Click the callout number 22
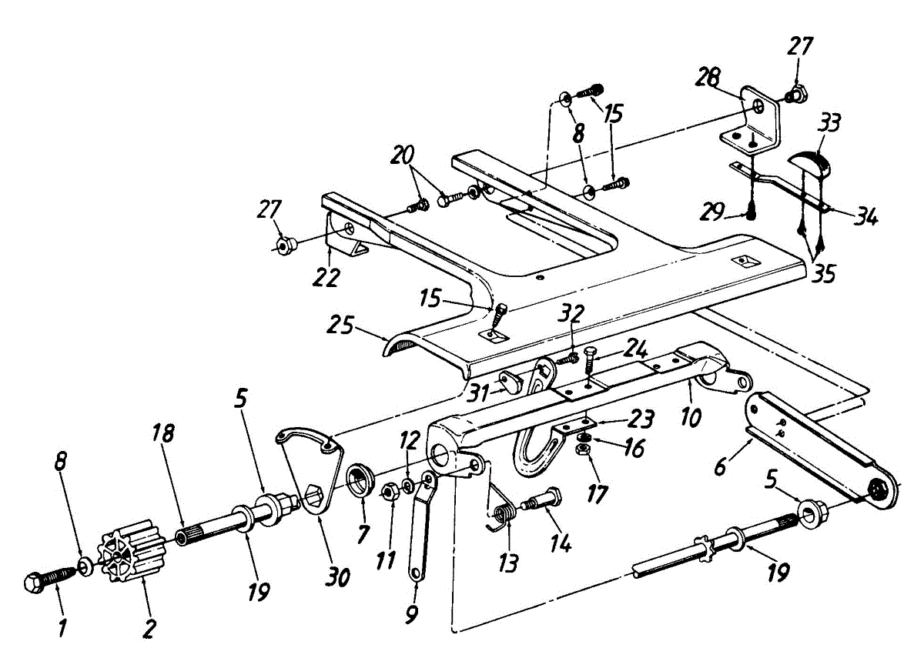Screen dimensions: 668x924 326,276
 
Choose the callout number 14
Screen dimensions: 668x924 560,543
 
